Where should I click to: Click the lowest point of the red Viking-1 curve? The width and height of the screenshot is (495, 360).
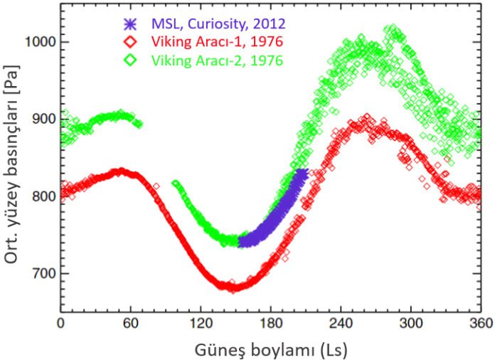coord(231,288)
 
